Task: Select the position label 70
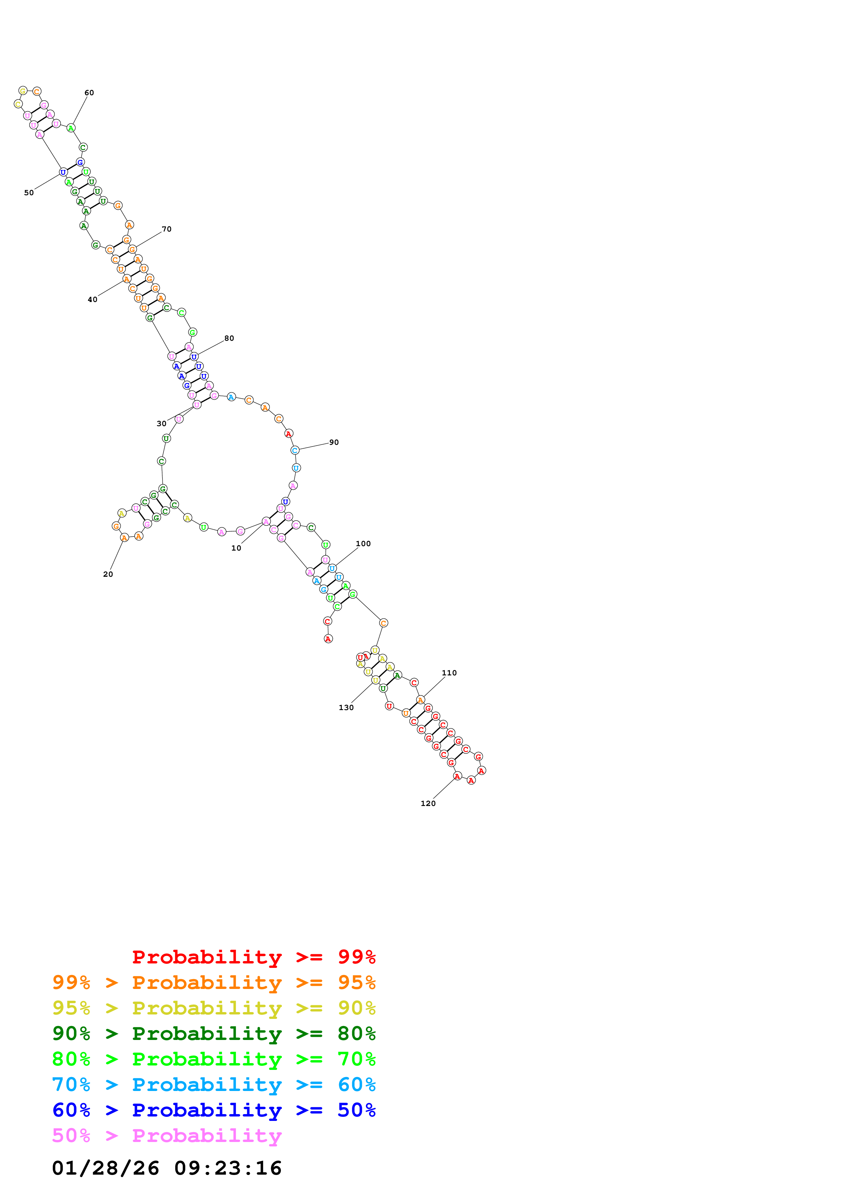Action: tap(166, 229)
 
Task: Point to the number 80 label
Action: tap(229, 338)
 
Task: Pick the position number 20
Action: tap(108, 574)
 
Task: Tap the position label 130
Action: tap(346, 708)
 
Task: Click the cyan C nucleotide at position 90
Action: tap(294, 451)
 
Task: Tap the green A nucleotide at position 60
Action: tap(71, 128)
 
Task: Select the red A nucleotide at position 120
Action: tap(457, 776)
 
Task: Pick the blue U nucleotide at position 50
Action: tap(63, 172)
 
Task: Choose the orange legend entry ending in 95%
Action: tap(214, 982)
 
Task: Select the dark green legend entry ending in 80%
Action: tap(214, 1034)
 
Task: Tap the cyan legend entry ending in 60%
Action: tap(214, 1085)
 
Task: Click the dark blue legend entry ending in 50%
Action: tap(214, 1110)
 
